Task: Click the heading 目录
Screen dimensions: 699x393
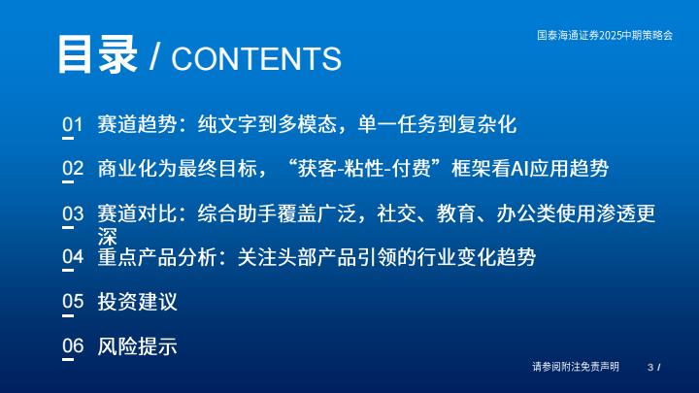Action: [97, 54]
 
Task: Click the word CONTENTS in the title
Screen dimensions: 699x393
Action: [256, 59]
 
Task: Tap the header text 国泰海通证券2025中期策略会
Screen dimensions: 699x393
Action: [605, 35]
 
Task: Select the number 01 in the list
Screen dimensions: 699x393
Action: [73, 124]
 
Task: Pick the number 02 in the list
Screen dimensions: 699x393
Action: [73, 168]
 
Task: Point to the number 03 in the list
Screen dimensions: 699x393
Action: [73, 213]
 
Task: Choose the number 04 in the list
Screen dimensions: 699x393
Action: [73, 256]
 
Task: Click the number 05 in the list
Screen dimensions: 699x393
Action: [73, 301]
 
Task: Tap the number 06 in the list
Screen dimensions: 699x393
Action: [73, 345]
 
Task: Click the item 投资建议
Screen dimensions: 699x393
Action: [137, 302]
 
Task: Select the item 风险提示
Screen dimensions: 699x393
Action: [137, 346]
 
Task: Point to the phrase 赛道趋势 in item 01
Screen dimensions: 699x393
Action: [137, 124]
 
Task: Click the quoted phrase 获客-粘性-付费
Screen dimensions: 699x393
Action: [364, 169]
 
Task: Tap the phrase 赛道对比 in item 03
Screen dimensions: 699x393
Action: [137, 213]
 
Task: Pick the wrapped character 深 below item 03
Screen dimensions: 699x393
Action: [108, 237]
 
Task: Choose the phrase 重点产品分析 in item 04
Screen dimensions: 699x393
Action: [157, 257]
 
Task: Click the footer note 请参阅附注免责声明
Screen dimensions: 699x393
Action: [576, 367]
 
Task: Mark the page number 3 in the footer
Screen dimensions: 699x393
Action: [650, 367]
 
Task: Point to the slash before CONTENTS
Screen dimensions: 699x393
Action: [154, 56]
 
